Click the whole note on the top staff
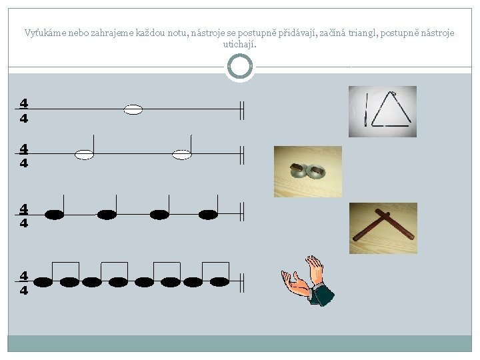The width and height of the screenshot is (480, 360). [133, 109]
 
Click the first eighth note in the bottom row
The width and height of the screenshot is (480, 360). [43, 281]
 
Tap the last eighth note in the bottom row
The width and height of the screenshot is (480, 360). [219, 281]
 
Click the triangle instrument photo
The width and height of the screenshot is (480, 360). [383, 111]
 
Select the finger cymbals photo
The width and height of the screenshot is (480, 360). [307, 171]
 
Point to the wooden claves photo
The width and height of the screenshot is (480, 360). [383, 228]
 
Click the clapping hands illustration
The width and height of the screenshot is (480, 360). [307, 281]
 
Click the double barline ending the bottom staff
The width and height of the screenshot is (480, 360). [242, 283]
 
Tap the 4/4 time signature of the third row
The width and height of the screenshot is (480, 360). [24, 216]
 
